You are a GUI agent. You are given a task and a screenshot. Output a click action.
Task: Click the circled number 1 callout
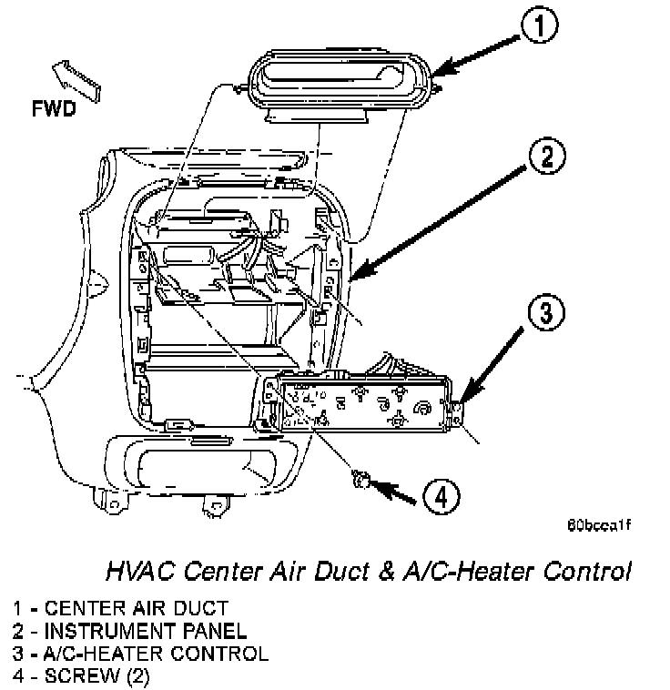tap(542, 27)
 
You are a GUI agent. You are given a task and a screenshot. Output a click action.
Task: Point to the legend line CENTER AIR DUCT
tap(121, 607)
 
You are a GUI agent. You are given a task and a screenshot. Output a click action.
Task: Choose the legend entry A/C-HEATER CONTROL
tap(140, 654)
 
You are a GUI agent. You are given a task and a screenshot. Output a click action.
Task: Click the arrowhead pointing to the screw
tap(379, 486)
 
